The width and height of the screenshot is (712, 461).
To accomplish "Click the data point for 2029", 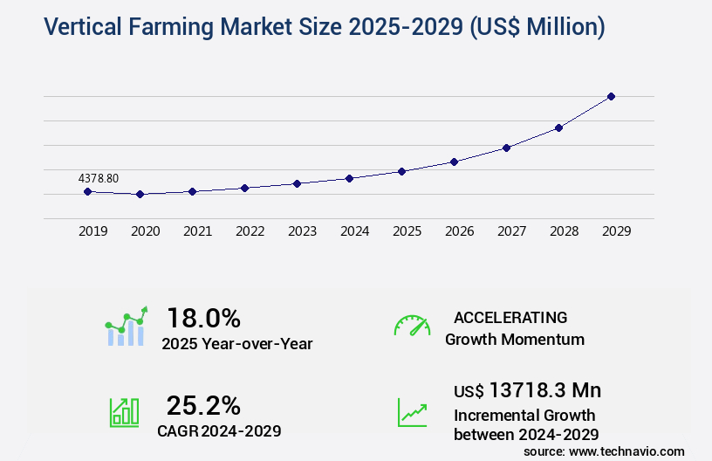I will click(611, 96).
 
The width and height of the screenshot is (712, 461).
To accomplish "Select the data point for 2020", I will click(140, 194).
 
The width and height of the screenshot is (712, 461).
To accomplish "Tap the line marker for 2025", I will click(401, 171).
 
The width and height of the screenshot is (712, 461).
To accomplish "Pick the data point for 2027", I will click(506, 148).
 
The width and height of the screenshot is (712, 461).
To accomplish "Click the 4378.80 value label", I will click(98, 178).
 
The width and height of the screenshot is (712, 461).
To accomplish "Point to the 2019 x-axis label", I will click(92, 231).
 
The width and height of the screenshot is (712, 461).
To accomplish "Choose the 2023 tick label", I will click(302, 231).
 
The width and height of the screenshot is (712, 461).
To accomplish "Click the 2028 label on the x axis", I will click(564, 231).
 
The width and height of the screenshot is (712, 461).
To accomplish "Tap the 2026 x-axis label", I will click(459, 231).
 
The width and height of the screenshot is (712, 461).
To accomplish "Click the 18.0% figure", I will click(203, 318).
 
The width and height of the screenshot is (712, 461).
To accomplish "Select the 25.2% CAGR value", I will click(203, 405).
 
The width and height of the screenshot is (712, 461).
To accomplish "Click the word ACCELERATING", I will click(510, 317).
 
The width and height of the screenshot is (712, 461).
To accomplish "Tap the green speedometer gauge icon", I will click(412, 326).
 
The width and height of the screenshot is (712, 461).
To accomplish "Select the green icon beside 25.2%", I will click(124, 412).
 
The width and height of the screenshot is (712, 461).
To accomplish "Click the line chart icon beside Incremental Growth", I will click(412, 412).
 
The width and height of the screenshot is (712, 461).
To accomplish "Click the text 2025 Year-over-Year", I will click(237, 343).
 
